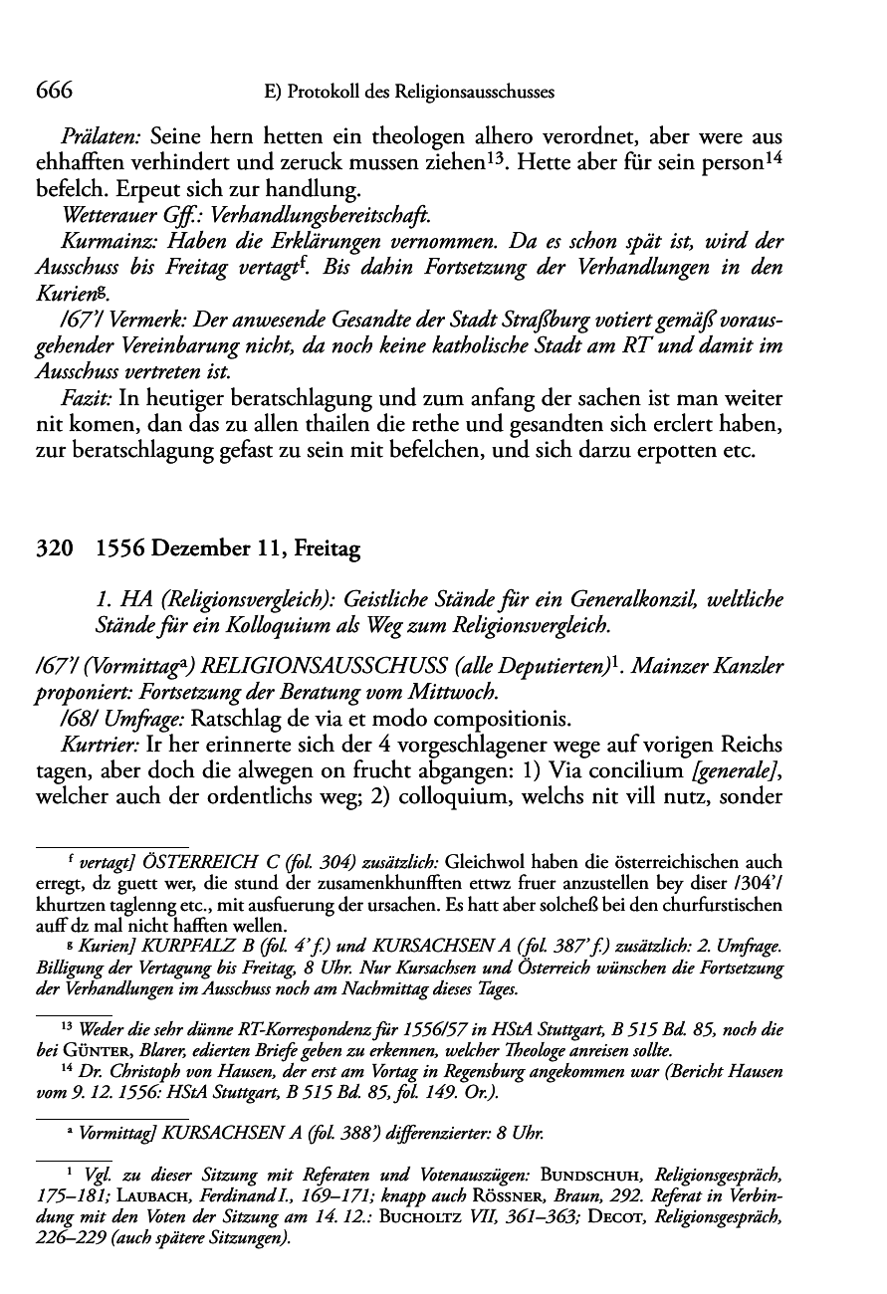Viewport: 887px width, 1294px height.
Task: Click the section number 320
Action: tap(52, 548)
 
